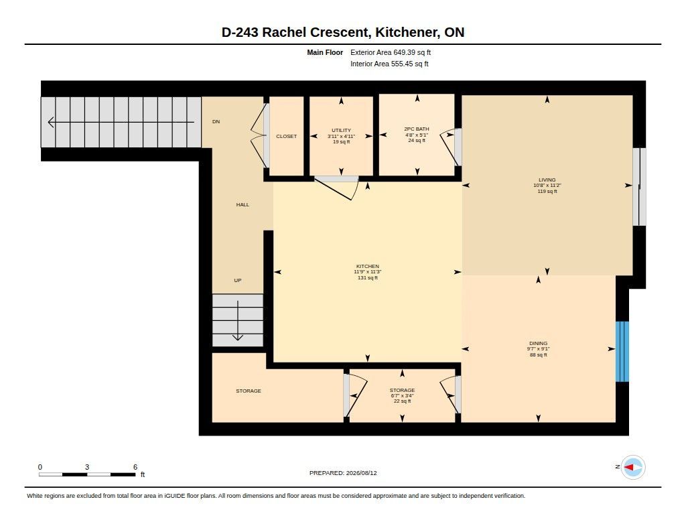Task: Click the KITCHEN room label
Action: pos(368,266)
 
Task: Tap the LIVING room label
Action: pos(547,180)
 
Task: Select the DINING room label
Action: pos(538,344)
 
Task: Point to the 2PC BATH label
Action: pos(417,129)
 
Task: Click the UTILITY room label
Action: pos(341,131)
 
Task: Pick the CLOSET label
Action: pos(287,137)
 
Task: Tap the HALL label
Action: pos(243,204)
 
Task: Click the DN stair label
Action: pos(216,122)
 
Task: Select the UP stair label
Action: pos(238,280)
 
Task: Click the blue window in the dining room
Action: pos(622,352)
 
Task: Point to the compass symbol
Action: pos(633,468)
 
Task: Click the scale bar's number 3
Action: pos(87,467)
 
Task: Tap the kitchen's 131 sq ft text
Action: pos(368,277)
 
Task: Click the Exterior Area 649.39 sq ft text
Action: pos(391,52)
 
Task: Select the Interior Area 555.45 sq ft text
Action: pos(389,64)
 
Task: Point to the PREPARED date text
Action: pos(343,473)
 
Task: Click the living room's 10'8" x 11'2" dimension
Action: pos(547,186)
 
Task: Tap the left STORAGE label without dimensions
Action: pos(249,391)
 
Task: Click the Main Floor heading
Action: pos(325,52)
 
